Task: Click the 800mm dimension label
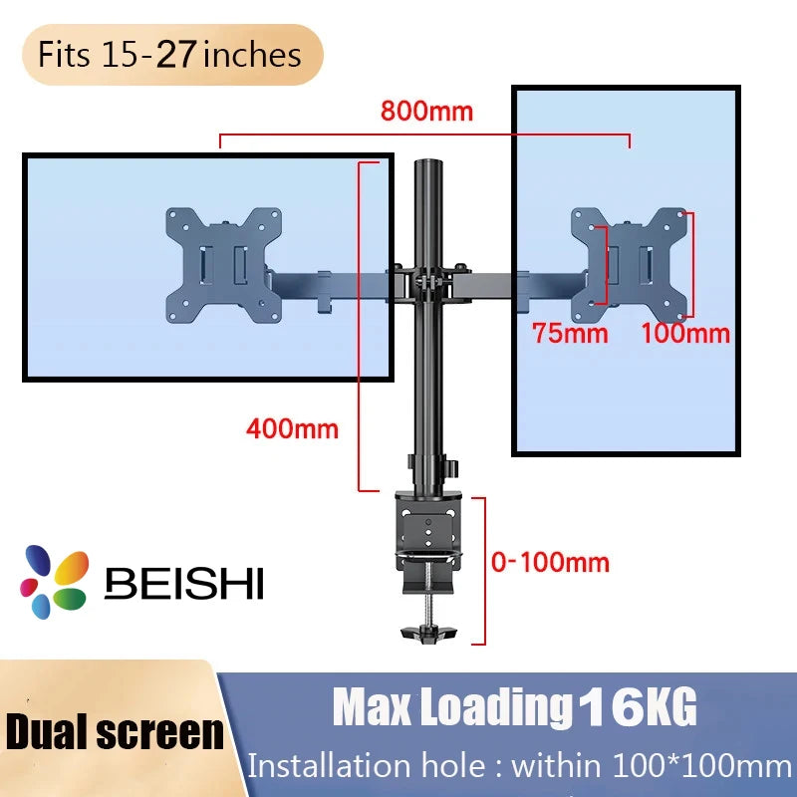tap(426, 111)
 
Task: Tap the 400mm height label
tap(292, 429)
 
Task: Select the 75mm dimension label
tap(569, 333)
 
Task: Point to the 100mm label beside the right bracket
tap(685, 333)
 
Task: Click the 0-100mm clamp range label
tap(550, 563)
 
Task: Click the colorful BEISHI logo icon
tap(56, 581)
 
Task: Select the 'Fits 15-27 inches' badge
tap(169, 54)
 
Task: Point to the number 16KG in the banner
tap(637, 709)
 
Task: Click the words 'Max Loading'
tap(447, 709)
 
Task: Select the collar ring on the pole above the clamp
tap(432, 464)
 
